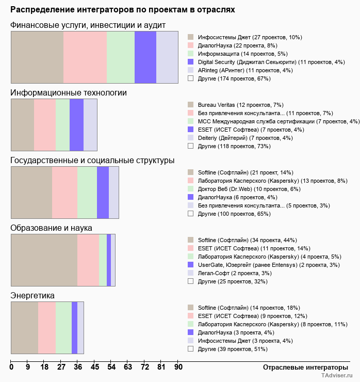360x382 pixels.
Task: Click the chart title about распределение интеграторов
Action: (123, 10)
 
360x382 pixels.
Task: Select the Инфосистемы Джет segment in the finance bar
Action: (37, 57)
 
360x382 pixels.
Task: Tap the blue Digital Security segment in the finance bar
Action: (145, 57)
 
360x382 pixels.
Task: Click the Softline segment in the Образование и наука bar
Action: (44, 260)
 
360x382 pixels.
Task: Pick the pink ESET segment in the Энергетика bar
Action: (47, 328)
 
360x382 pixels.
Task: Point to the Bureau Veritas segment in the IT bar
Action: (23, 124)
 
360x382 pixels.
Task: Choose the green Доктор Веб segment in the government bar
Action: (87, 193)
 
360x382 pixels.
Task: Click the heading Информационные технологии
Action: (69, 92)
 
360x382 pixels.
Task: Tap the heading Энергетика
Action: (32, 295)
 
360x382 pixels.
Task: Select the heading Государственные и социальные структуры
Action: (92, 160)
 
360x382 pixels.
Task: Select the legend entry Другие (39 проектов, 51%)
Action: (232, 349)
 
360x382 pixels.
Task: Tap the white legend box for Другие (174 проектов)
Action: (191, 78)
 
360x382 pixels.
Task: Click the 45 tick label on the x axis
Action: (95, 367)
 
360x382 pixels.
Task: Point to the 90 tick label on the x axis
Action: (178, 367)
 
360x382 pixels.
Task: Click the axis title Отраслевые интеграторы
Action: (302, 367)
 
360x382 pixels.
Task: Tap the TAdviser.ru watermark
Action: (337, 376)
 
